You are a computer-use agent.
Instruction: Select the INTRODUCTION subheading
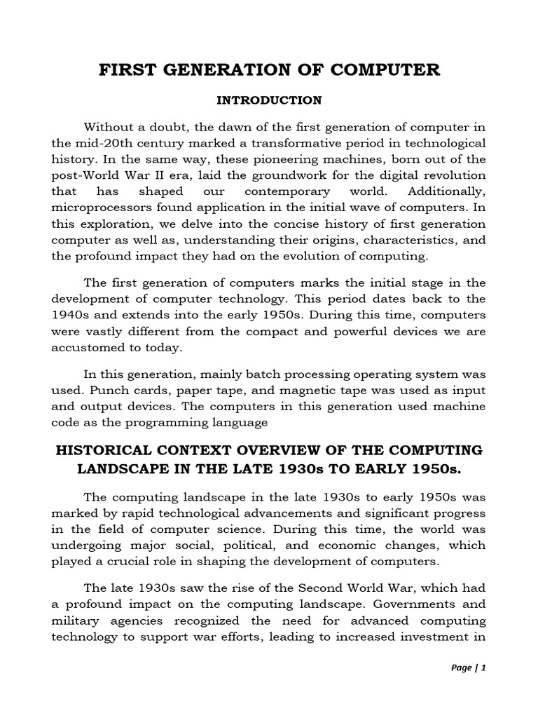[269, 100]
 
